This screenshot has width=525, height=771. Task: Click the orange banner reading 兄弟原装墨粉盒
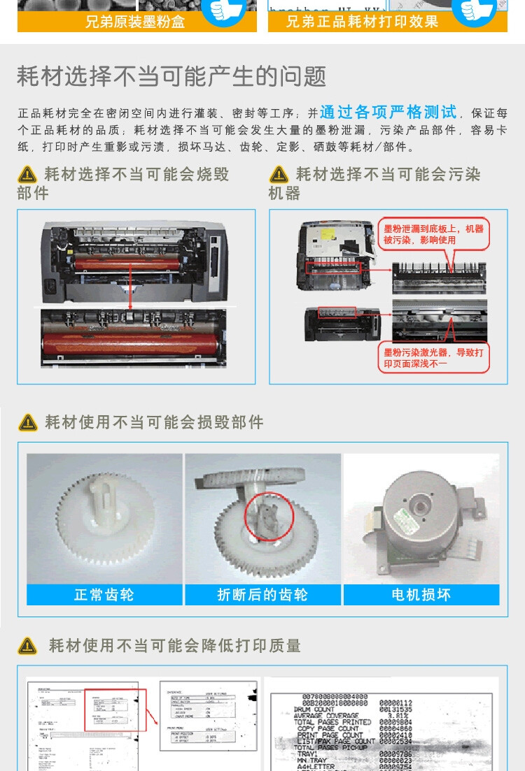135,22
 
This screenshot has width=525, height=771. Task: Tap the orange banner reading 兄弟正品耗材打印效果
362,22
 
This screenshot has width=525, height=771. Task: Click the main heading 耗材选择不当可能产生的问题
171,76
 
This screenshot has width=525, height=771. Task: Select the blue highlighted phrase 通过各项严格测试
388,112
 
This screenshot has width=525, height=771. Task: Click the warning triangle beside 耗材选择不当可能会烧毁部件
27,175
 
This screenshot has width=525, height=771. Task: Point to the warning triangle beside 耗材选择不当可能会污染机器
279,175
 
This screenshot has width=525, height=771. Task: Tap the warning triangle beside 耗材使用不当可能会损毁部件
28,422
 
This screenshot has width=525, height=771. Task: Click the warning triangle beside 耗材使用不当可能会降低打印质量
28,646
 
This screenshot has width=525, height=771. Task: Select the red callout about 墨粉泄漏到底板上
433,234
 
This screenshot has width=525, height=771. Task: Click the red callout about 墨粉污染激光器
433,358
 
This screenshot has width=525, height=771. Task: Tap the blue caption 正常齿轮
104,595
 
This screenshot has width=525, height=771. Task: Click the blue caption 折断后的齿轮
262,595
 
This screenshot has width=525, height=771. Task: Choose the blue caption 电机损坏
421,595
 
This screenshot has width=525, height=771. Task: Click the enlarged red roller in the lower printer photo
133,343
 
